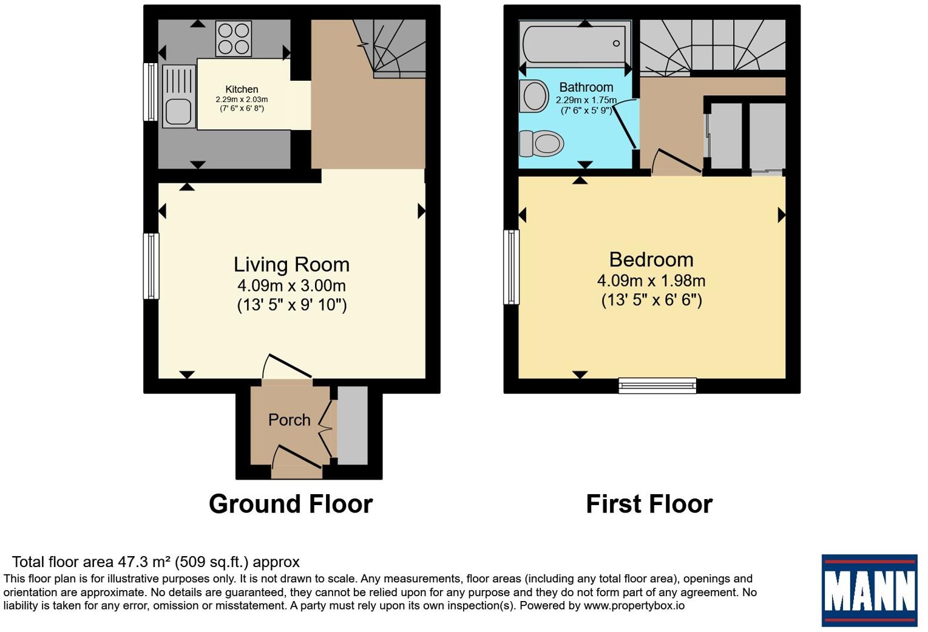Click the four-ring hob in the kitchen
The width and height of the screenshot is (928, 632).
click(234, 38)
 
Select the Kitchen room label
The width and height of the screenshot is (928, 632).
click(242, 89)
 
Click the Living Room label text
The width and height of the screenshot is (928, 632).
click(292, 265)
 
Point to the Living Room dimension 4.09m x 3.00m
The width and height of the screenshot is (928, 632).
click(292, 285)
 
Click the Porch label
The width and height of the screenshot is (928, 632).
click(289, 420)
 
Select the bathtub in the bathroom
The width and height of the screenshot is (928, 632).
click(575, 43)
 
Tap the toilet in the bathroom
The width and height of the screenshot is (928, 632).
click(541, 144)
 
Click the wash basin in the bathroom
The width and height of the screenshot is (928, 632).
click(534, 96)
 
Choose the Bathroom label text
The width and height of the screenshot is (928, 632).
click(586, 87)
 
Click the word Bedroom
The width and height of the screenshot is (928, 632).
click(651, 260)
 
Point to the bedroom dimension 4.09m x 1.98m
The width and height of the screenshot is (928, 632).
click(651, 280)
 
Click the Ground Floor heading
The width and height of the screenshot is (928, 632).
click(291, 504)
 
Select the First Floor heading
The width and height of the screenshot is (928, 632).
click(649, 504)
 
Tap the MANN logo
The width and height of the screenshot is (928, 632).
click(870, 590)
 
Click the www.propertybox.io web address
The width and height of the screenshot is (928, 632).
click(634, 605)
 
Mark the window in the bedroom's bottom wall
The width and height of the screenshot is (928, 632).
click(657, 386)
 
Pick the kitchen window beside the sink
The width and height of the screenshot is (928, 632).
click(150, 92)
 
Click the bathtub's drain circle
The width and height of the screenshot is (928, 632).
click(617, 44)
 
